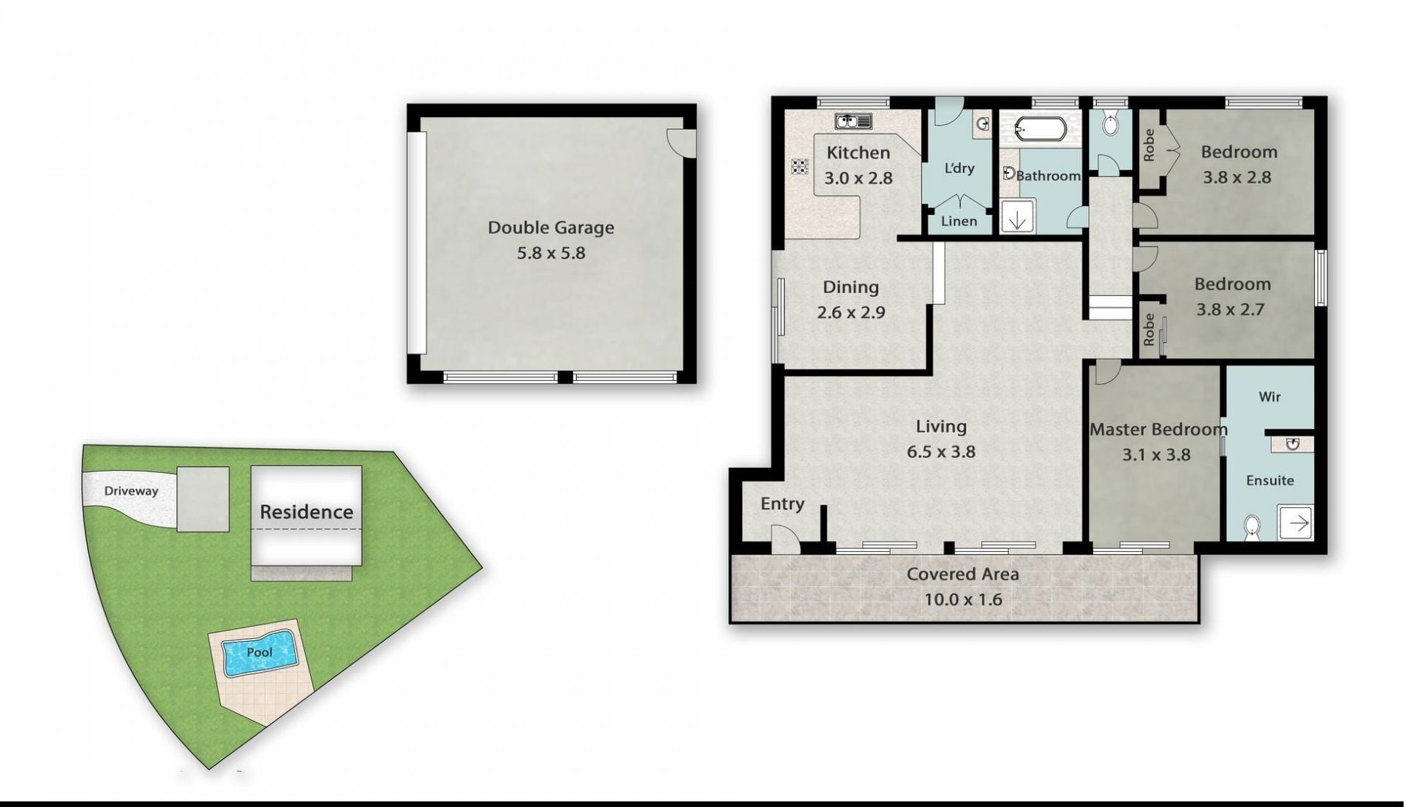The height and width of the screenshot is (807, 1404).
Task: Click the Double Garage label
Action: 551,227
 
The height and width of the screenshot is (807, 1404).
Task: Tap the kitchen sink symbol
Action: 853,121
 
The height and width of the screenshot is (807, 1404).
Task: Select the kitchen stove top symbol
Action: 799,167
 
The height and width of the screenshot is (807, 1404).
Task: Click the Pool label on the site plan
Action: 259,652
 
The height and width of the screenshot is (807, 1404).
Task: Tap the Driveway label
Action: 131,490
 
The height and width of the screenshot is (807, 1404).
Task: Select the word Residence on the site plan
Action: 306,512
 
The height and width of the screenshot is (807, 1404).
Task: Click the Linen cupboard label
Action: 959,221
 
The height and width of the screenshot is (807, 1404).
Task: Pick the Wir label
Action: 1269,396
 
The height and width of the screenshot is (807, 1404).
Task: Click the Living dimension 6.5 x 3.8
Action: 941,452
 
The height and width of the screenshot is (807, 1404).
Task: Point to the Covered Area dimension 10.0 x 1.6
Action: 962,599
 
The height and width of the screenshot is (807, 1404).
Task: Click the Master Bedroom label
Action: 1158,429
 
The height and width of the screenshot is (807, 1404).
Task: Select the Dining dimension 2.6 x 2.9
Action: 851,312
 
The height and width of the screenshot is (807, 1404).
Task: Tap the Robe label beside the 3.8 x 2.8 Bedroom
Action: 1149,145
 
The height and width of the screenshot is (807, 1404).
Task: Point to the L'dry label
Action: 959,168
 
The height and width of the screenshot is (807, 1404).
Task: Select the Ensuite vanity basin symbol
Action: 1292,444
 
